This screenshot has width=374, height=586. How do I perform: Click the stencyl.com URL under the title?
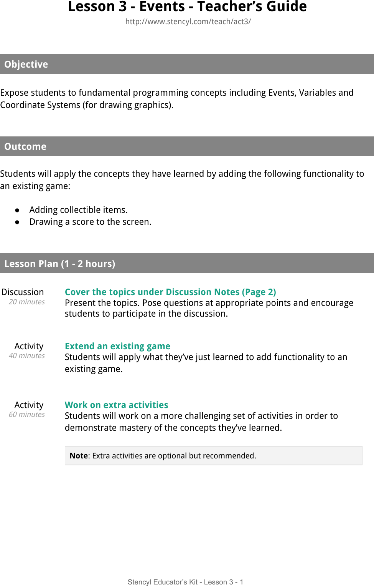point(188,22)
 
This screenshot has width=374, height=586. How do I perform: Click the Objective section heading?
point(26,64)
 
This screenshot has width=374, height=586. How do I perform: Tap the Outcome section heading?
point(25,146)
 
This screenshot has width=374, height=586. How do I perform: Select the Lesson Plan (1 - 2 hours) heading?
point(59,264)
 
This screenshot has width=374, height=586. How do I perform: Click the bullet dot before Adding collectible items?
point(17,210)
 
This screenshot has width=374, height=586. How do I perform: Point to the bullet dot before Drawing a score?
point(17,222)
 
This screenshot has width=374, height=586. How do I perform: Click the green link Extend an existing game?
point(117,346)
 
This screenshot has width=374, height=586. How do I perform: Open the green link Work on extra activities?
point(116,405)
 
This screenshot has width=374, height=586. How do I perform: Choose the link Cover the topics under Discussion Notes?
point(170,292)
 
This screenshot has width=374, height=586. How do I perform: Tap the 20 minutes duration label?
point(26,302)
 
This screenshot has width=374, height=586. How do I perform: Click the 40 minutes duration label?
point(26,356)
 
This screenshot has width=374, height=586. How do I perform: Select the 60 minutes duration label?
point(26,415)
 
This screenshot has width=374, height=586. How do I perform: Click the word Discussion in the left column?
point(23,292)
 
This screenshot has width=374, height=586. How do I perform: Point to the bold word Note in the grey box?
point(79,456)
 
